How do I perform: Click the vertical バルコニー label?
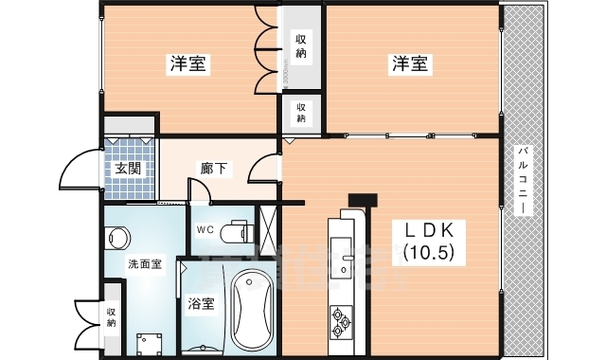pyautogui.click(x=522, y=181)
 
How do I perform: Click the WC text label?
pyautogui.click(x=205, y=230)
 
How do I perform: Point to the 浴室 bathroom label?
pyautogui.click(x=200, y=305)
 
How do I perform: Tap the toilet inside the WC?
pyautogui.click(x=241, y=230)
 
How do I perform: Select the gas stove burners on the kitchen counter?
pyautogui.click(x=340, y=322)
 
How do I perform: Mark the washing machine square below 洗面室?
pyautogui.click(x=147, y=342)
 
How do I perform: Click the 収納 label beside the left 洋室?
pyautogui.click(x=301, y=45)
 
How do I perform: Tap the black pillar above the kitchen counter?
pyautogui.click(x=363, y=200)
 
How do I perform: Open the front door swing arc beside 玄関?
pyautogui.click(x=76, y=172)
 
